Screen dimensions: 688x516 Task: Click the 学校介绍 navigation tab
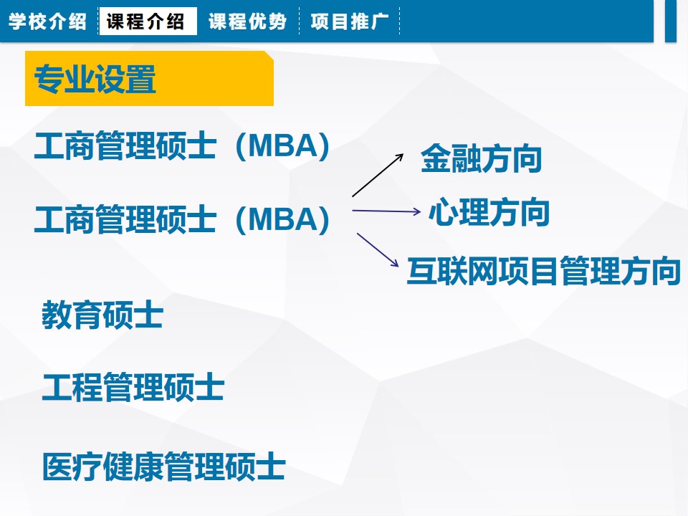pyautogui.click(x=47, y=21)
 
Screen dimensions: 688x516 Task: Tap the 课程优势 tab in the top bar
pyautogui.click(x=247, y=21)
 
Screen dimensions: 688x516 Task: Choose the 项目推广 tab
pyautogui.click(x=350, y=21)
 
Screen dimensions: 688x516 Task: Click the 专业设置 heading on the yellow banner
pyautogui.click(x=95, y=79)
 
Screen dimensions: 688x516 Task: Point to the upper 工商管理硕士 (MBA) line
pyautogui.click(x=181, y=145)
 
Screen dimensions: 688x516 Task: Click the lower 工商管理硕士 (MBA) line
pyautogui.click(x=181, y=219)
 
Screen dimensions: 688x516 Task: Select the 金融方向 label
pyautogui.click(x=482, y=158)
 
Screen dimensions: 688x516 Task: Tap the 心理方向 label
pyautogui.click(x=489, y=212)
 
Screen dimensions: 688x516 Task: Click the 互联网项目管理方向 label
pyautogui.click(x=544, y=271)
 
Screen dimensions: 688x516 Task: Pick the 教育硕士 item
pyautogui.click(x=102, y=315)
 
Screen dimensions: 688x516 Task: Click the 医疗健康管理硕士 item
pyautogui.click(x=163, y=466)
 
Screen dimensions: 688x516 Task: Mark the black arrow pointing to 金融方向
pyautogui.click(x=378, y=175)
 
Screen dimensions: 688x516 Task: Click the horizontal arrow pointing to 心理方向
pyautogui.click(x=386, y=211)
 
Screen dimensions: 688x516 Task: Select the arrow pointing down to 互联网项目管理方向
pyautogui.click(x=378, y=249)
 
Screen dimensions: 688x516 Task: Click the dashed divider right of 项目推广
pyautogui.click(x=399, y=21)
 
